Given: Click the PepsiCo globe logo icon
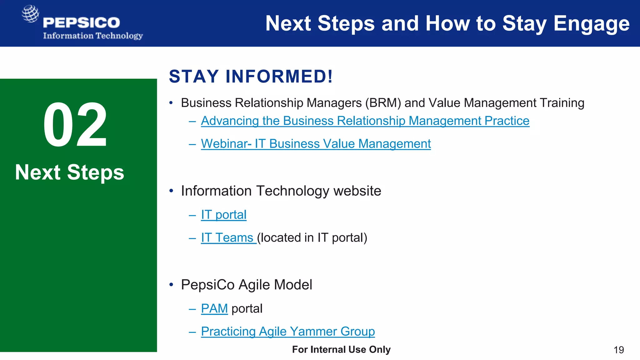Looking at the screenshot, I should tap(30, 14).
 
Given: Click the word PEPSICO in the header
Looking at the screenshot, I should tap(82, 23).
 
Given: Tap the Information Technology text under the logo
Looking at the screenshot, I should tap(93, 36).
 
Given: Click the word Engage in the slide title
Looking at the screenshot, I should tap(591, 24).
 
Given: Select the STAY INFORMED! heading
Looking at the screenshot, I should tap(251, 77).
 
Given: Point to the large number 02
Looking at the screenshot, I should tap(75, 125).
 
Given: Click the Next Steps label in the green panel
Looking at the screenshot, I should tap(70, 172).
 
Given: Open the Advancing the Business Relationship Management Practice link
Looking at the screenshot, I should tap(365, 121).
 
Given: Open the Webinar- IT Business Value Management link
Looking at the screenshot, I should tap(316, 144).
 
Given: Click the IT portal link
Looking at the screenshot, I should tap(223, 215).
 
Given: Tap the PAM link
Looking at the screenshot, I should tap(214, 309).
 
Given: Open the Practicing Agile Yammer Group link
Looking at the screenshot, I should tap(287, 332).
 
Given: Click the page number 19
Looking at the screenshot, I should tap(618, 350).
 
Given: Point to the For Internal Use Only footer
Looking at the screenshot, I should tap(341, 349).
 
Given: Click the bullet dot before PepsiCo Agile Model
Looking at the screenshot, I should tap(171, 285).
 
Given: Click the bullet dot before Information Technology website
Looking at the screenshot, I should tap(171, 191).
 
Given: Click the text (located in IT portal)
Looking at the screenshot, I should tap(312, 238).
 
